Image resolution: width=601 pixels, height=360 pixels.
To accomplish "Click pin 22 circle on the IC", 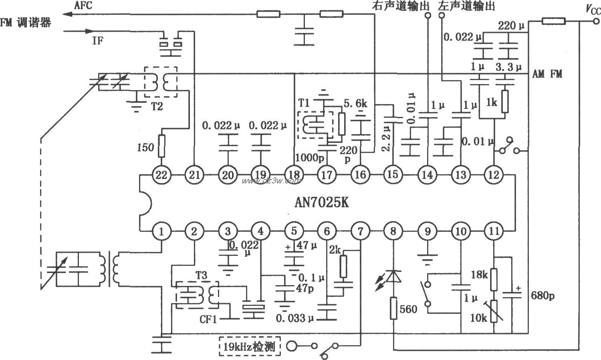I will click(x=162, y=175).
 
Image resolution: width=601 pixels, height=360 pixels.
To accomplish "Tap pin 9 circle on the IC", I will click(x=428, y=231).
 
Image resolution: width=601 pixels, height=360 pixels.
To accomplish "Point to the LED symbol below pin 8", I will click(x=394, y=278).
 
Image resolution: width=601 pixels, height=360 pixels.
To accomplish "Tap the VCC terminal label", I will click(x=592, y=9).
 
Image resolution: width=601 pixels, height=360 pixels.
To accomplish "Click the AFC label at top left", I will click(x=83, y=5).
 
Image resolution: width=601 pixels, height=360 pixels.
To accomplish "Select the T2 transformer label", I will click(x=157, y=106).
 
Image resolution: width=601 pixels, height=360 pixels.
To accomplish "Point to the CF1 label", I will click(x=208, y=320).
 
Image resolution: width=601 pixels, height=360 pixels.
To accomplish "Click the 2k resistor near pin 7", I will click(x=343, y=267).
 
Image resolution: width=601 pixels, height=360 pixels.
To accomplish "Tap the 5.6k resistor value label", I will click(x=355, y=103).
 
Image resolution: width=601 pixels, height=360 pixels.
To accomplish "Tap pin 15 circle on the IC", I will click(x=393, y=175).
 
